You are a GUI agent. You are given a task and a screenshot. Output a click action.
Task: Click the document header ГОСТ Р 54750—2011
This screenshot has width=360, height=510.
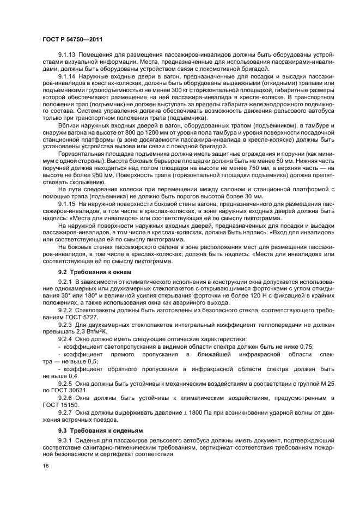pyautogui.click(x=72, y=39)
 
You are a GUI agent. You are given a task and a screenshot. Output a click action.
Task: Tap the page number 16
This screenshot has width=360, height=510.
pyautogui.click(x=45, y=466)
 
